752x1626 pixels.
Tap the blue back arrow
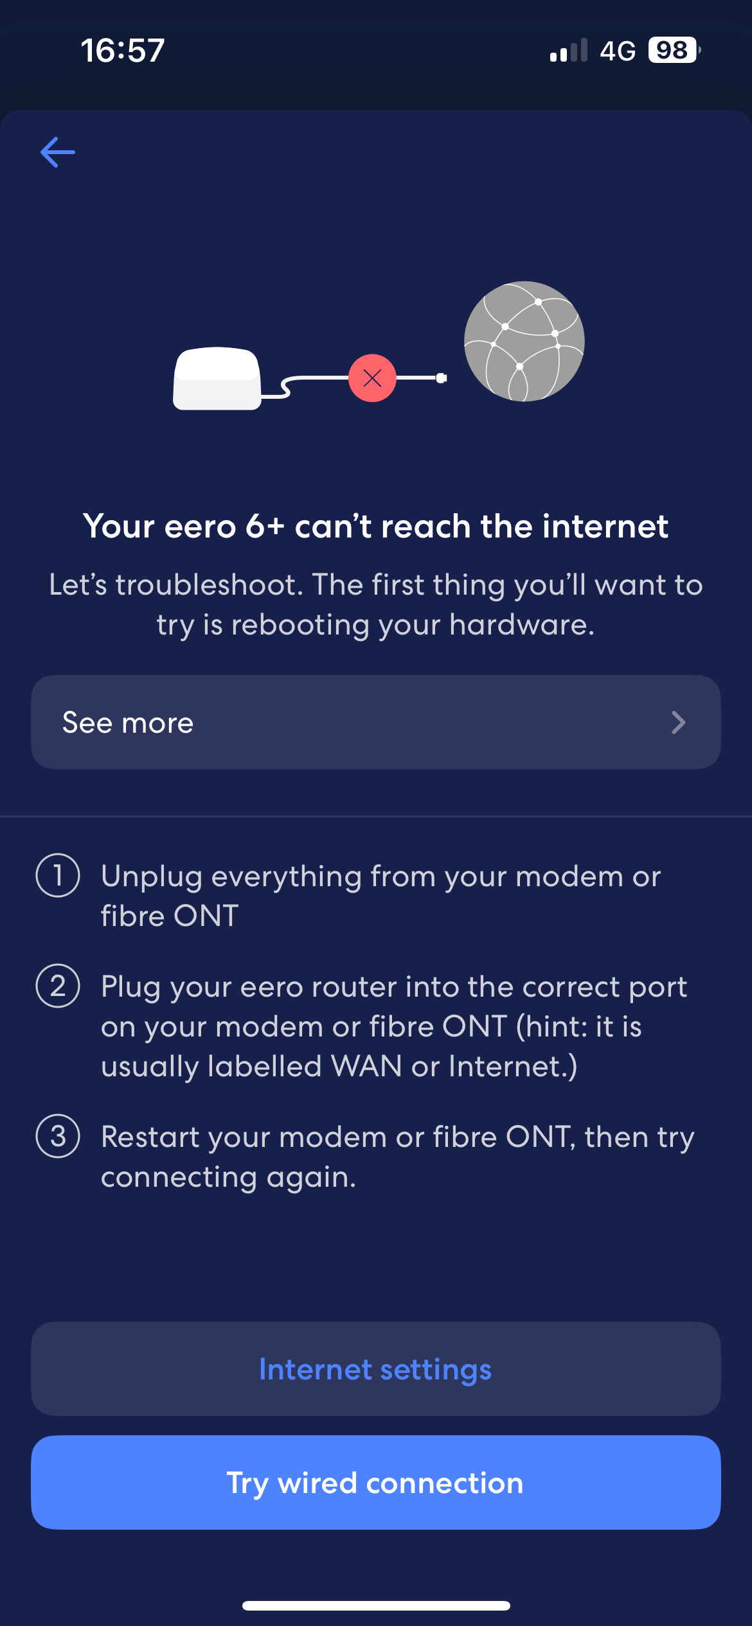coord(58,152)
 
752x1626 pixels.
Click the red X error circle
coord(372,378)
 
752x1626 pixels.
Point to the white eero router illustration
coord(217,379)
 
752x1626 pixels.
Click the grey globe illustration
coord(524,341)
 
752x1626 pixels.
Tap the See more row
coord(375,722)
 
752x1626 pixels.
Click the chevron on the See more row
coord(678,722)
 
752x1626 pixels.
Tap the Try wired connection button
coord(375,1483)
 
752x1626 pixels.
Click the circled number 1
coord(58,875)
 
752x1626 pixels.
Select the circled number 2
coord(58,986)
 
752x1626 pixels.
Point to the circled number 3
coord(58,1136)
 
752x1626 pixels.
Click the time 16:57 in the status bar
coord(123,50)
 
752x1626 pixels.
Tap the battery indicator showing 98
coord(673,50)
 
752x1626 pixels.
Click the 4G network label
coord(618,51)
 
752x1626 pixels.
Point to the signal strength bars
coord(569,51)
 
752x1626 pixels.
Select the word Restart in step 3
coord(150,1137)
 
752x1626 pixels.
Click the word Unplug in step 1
coord(152,877)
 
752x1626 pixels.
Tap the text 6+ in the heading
coord(265,527)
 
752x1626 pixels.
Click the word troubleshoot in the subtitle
coord(210,585)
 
